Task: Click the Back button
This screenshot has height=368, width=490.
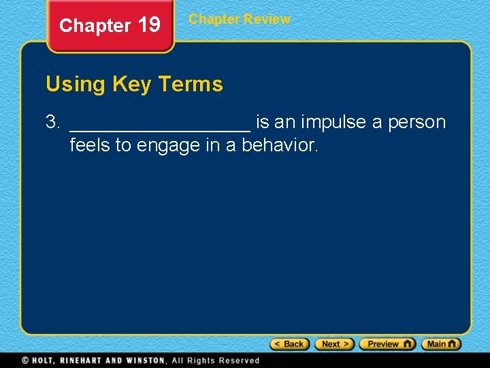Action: point(290,344)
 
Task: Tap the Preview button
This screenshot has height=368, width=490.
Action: point(387,344)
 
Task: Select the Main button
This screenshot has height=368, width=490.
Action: point(441,344)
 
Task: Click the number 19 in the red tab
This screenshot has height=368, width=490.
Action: point(149,26)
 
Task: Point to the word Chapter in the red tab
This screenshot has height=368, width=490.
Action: point(95,26)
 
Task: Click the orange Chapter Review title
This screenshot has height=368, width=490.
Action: point(240,19)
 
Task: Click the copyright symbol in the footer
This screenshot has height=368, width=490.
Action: point(25,361)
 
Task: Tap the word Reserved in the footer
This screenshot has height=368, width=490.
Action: point(238,361)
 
